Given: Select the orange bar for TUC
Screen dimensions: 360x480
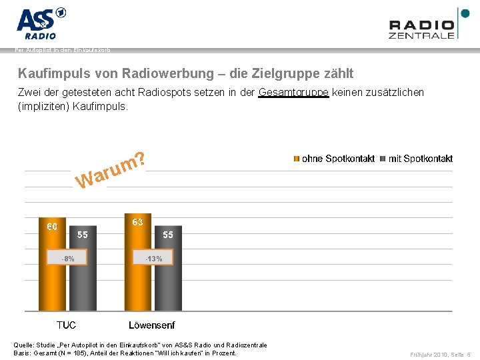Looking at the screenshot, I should pos(52,280).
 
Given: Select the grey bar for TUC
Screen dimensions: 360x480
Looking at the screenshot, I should pos(82,280).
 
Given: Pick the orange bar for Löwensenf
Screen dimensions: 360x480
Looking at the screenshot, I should pos(138,280).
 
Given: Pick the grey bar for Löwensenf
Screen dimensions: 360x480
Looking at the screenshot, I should pos(167,280).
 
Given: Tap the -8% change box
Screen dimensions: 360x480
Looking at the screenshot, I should pos(65,258).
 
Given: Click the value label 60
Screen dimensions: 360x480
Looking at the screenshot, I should pos(52,227).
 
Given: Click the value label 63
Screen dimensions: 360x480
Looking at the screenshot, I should pos(138,222).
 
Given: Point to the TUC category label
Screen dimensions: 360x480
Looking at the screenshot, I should pos(66,325).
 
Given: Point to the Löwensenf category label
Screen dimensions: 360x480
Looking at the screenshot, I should pos(152,325).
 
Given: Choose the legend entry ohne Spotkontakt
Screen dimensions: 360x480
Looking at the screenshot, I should pos(334,159).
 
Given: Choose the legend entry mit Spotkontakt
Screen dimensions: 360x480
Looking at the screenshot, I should pos(417,159).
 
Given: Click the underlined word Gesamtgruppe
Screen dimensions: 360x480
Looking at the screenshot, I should pos(293,92).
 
